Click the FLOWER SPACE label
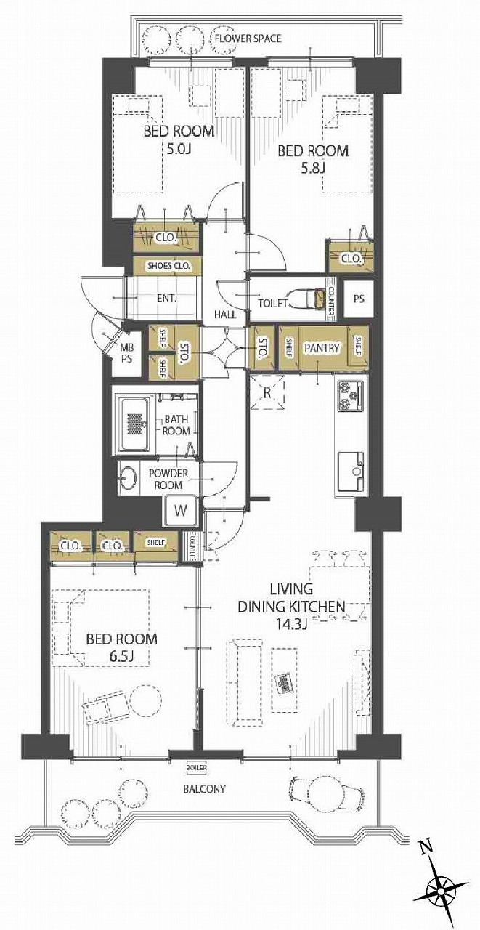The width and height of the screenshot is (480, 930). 248,39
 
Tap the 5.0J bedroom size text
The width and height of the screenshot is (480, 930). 179,149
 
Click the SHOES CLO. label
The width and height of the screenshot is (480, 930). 168,266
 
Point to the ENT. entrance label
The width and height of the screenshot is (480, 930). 167,298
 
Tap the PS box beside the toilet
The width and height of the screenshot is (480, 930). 359,299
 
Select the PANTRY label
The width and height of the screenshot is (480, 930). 322,347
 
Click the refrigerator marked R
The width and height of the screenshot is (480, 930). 267,392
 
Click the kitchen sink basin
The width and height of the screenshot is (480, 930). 351,472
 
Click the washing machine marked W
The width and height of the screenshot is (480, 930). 181,510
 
